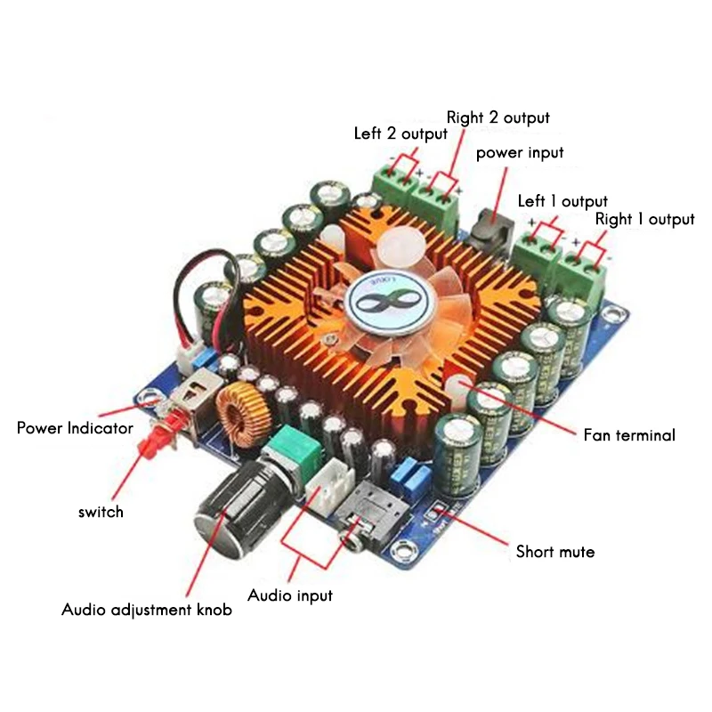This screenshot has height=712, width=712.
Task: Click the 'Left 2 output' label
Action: pyautogui.click(x=400, y=134)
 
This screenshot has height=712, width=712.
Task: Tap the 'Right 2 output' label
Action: pyautogui.click(x=498, y=117)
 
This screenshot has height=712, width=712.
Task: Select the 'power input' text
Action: pyautogui.click(x=520, y=153)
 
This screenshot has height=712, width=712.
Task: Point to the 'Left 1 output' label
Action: pyautogui.click(x=562, y=201)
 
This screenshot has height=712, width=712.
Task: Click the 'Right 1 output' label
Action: pyautogui.click(x=644, y=219)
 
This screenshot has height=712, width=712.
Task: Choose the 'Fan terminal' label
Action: pyautogui.click(x=629, y=435)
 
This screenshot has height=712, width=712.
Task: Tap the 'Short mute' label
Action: pyautogui.click(x=555, y=552)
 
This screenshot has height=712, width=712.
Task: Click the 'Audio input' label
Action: pyautogui.click(x=290, y=595)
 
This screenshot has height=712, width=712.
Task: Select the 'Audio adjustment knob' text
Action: pyautogui.click(x=147, y=611)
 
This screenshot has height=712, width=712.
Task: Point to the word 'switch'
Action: pyautogui.click(x=101, y=512)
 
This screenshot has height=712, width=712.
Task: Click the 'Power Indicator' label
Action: pyautogui.click(x=75, y=428)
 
